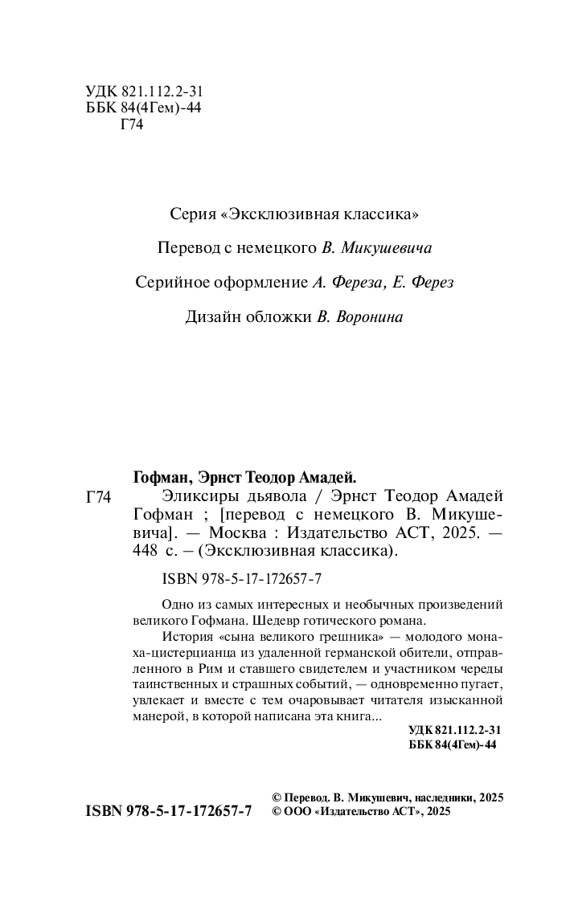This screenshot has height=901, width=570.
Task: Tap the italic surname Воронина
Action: [x=367, y=316]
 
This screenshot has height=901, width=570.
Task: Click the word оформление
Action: [x=267, y=283]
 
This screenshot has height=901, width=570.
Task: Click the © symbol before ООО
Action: [x=277, y=812]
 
